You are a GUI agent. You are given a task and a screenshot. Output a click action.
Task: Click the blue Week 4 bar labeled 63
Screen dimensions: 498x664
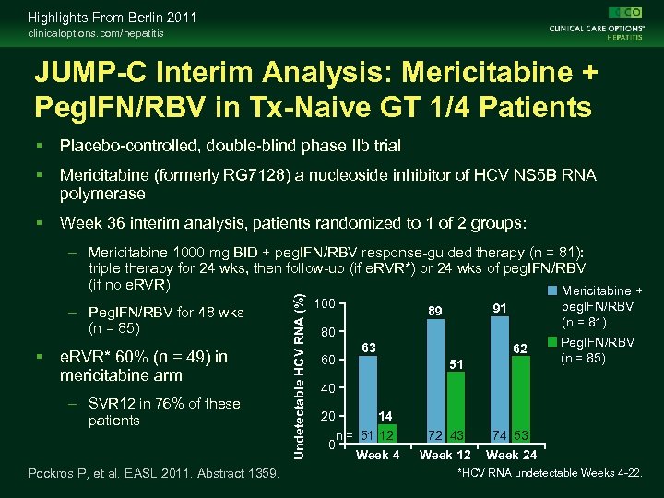pos(368,400)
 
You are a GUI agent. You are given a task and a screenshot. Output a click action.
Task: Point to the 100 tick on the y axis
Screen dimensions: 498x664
pos(324,303)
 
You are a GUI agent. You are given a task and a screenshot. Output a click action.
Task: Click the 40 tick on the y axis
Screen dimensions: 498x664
pos(324,388)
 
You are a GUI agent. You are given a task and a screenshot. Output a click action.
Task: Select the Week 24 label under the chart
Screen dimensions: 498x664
pos(513,456)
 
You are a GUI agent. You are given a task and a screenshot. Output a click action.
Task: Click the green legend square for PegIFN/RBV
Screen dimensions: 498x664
pos(552,342)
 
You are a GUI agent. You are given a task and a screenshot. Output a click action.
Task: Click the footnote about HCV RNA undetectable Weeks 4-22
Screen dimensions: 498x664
pos(550,473)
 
